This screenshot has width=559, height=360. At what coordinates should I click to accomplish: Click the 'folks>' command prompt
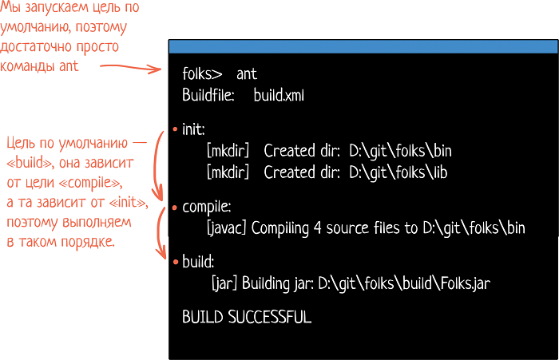(x=202, y=73)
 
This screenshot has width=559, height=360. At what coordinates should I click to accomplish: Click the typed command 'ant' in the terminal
(x=247, y=74)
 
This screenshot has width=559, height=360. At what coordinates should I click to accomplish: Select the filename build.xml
(x=279, y=95)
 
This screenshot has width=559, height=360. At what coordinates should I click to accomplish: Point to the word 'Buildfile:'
(x=208, y=95)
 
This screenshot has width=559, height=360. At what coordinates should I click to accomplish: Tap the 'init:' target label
(x=193, y=129)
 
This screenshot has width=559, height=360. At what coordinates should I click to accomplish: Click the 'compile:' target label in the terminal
(x=207, y=207)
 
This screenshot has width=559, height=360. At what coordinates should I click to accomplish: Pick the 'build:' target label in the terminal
(x=198, y=262)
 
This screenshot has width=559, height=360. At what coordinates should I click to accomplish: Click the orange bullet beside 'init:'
(x=175, y=129)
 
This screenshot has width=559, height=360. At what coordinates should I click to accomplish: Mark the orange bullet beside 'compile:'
(x=175, y=208)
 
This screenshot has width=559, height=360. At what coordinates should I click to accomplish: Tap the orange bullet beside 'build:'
(x=176, y=262)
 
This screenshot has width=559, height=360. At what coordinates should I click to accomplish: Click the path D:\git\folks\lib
(x=398, y=172)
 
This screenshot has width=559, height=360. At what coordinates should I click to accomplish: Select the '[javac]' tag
(x=226, y=228)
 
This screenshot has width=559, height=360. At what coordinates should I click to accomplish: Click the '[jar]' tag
(x=224, y=283)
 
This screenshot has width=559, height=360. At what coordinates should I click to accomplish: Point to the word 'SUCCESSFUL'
(x=270, y=317)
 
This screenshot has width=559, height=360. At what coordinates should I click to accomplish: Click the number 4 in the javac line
(x=318, y=228)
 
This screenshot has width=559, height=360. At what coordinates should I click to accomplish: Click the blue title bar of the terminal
(x=363, y=46)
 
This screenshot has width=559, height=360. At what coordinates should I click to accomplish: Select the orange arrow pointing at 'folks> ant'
(x=130, y=67)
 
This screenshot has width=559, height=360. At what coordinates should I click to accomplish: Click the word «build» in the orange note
(x=30, y=163)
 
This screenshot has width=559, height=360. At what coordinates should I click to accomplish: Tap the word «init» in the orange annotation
(x=128, y=202)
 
